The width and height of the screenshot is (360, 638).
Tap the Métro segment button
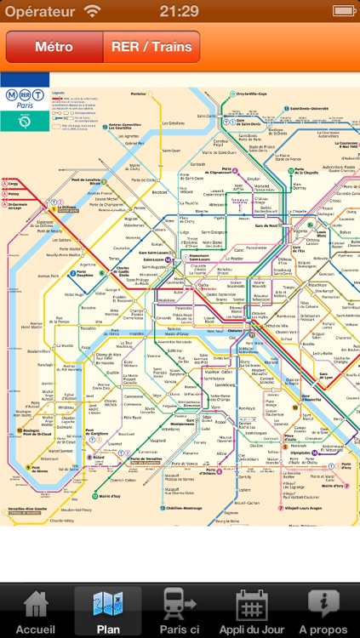click(x=54, y=48)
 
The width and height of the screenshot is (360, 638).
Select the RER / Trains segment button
click(x=151, y=48)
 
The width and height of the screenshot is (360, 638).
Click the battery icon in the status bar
click(x=344, y=11)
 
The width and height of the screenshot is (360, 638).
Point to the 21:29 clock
click(x=180, y=11)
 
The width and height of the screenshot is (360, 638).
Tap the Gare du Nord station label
click(x=248, y=225)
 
